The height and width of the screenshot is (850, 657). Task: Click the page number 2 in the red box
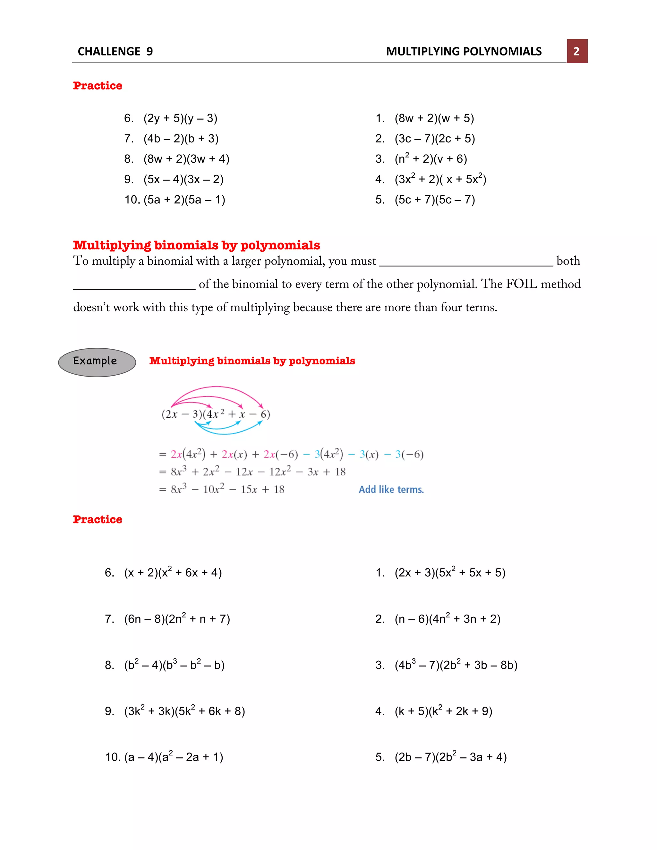point(576,51)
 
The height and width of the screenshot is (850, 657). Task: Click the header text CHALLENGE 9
point(115,51)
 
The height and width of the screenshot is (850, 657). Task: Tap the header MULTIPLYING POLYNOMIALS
point(464,51)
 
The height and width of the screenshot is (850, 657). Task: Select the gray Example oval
point(97,362)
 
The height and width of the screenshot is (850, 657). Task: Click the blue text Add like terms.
point(391,489)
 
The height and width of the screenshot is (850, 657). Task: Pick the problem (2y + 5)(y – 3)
point(180,118)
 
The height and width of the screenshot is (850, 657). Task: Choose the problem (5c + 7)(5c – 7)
point(434,200)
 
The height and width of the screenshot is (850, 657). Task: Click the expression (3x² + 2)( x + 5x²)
point(440,179)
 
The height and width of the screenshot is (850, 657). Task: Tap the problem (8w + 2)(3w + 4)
point(186,159)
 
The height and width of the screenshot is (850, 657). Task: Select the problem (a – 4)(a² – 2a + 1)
point(173,757)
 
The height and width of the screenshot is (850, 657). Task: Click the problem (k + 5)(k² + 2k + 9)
point(443,711)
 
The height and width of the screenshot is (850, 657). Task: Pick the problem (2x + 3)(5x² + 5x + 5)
point(449,573)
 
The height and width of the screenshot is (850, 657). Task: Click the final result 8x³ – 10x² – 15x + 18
point(227,489)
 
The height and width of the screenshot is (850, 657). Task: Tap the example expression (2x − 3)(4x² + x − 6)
point(216,414)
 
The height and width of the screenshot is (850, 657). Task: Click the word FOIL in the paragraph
point(522,284)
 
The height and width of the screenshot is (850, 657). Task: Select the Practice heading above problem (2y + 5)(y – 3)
point(97,86)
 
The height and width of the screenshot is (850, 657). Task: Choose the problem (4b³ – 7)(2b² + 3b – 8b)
point(456,665)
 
